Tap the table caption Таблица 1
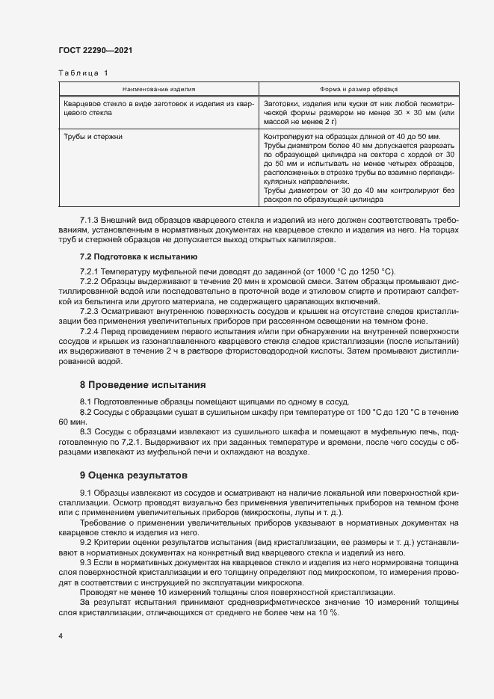[x=83, y=73]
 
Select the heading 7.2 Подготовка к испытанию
[x=138, y=256]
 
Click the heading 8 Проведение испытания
[x=142, y=385]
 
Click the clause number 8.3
[x=84, y=433]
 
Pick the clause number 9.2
[x=84, y=541]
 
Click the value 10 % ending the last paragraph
[x=329, y=612]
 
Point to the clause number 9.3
[x=84, y=561]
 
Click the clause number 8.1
[x=84, y=401]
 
